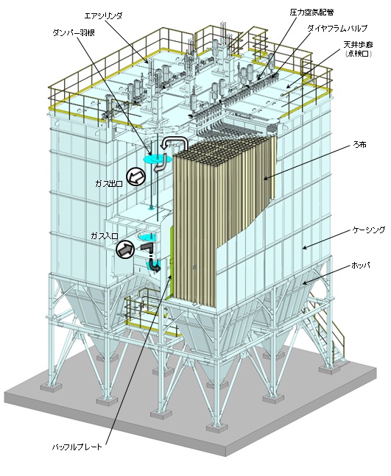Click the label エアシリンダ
(x=103, y=15)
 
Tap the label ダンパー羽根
(x=74, y=33)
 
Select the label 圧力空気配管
(x=311, y=13)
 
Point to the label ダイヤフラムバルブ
(x=337, y=28)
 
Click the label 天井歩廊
(x=358, y=45)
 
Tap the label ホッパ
(x=361, y=266)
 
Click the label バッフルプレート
(x=77, y=447)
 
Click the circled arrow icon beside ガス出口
(x=135, y=176)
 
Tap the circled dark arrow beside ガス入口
(x=125, y=249)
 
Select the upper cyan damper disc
(x=155, y=159)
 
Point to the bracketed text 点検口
(x=359, y=54)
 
